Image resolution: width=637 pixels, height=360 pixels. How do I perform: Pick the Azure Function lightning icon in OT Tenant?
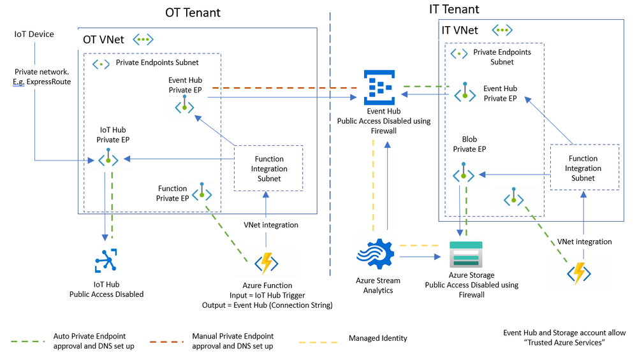[x=267, y=263]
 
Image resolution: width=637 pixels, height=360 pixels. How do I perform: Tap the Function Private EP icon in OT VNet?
[x=202, y=192]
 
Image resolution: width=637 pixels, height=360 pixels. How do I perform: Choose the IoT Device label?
[x=34, y=34]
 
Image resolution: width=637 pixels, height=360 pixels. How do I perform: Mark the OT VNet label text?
[x=103, y=40]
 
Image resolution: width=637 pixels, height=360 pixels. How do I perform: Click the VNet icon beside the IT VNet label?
[x=502, y=30]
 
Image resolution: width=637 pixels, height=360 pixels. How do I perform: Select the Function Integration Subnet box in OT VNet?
[x=269, y=169]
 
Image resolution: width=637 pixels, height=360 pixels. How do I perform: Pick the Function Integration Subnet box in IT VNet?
[x=583, y=168]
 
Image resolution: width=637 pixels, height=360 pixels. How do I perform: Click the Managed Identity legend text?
[x=377, y=338]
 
